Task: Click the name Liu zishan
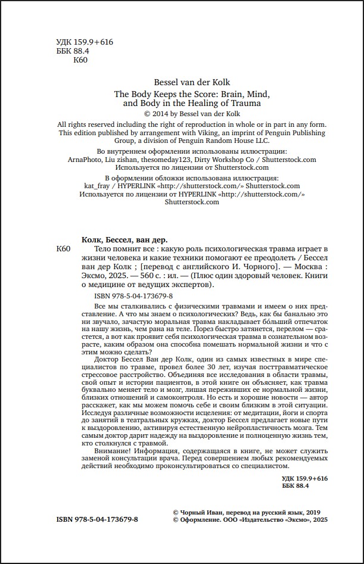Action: tap(119, 160)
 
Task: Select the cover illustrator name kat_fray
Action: tap(92, 186)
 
